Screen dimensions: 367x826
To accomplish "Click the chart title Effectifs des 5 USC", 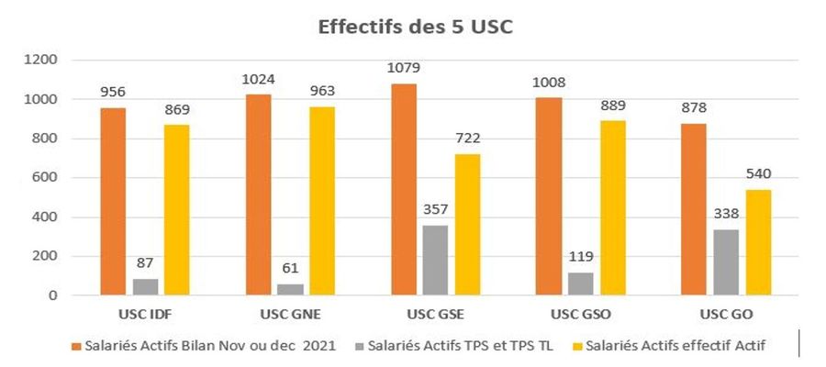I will [x=415, y=27].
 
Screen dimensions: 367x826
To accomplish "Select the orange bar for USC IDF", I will [x=113, y=202].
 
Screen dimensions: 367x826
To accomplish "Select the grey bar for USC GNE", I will [x=267, y=289].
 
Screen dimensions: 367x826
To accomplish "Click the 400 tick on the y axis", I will [x=46, y=217].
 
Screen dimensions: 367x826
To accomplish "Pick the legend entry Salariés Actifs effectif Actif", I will [x=680, y=347].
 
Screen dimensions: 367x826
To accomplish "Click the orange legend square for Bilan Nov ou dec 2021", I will [x=76, y=347].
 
